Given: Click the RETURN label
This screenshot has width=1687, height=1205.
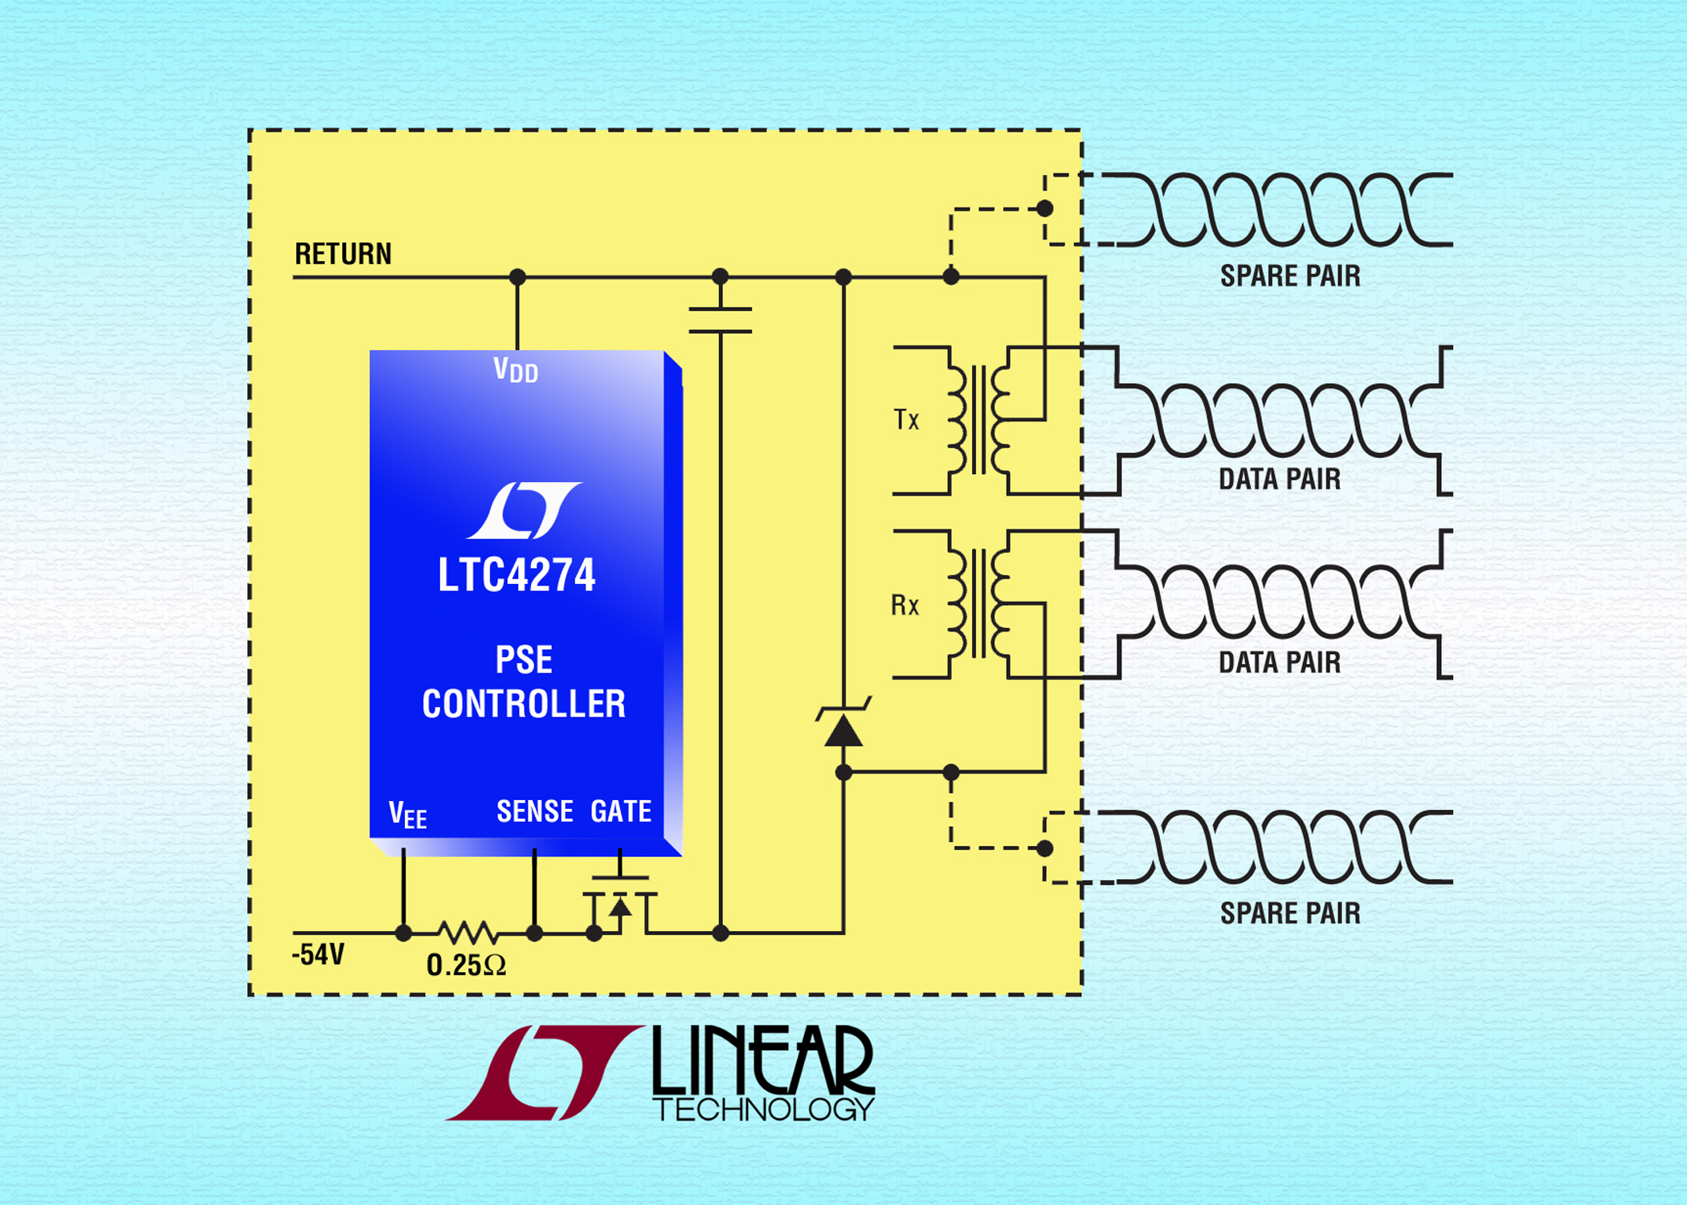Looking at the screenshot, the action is (x=343, y=254).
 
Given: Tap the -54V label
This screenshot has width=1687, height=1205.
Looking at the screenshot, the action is (x=318, y=954).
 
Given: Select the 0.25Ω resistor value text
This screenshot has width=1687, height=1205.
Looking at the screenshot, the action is (x=466, y=965).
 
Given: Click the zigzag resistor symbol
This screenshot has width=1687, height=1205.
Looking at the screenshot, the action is (x=468, y=933).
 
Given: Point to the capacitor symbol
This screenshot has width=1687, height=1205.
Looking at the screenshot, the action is (x=721, y=320).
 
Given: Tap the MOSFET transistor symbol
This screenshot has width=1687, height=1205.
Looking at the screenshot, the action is (x=619, y=904).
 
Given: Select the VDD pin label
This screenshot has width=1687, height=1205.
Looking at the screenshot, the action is (x=515, y=370).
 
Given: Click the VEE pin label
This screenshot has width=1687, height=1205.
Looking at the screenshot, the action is (x=407, y=815).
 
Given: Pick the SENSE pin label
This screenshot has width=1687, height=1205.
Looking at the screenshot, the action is (x=535, y=811).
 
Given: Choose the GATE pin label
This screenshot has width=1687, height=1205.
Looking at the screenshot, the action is (x=621, y=811).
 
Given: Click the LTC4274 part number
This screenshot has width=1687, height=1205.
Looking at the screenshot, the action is (x=517, y=575).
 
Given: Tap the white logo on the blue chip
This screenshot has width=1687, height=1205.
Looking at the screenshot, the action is (x=524, y=510).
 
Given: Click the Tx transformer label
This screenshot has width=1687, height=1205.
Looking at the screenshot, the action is (x=906, y=419).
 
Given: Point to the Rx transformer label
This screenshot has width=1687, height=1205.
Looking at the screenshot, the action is (x=905, y=604).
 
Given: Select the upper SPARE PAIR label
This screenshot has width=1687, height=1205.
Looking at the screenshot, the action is (x=1290, y=276).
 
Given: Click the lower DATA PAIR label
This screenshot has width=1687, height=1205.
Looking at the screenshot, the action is (x=1280, y=663).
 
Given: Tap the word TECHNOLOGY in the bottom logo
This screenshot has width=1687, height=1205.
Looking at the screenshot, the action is (x=763, y=1109).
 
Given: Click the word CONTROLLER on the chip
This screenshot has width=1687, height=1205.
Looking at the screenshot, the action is (x=524, y=704).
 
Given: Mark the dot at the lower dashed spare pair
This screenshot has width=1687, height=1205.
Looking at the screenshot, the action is (x=1044, y=848).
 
